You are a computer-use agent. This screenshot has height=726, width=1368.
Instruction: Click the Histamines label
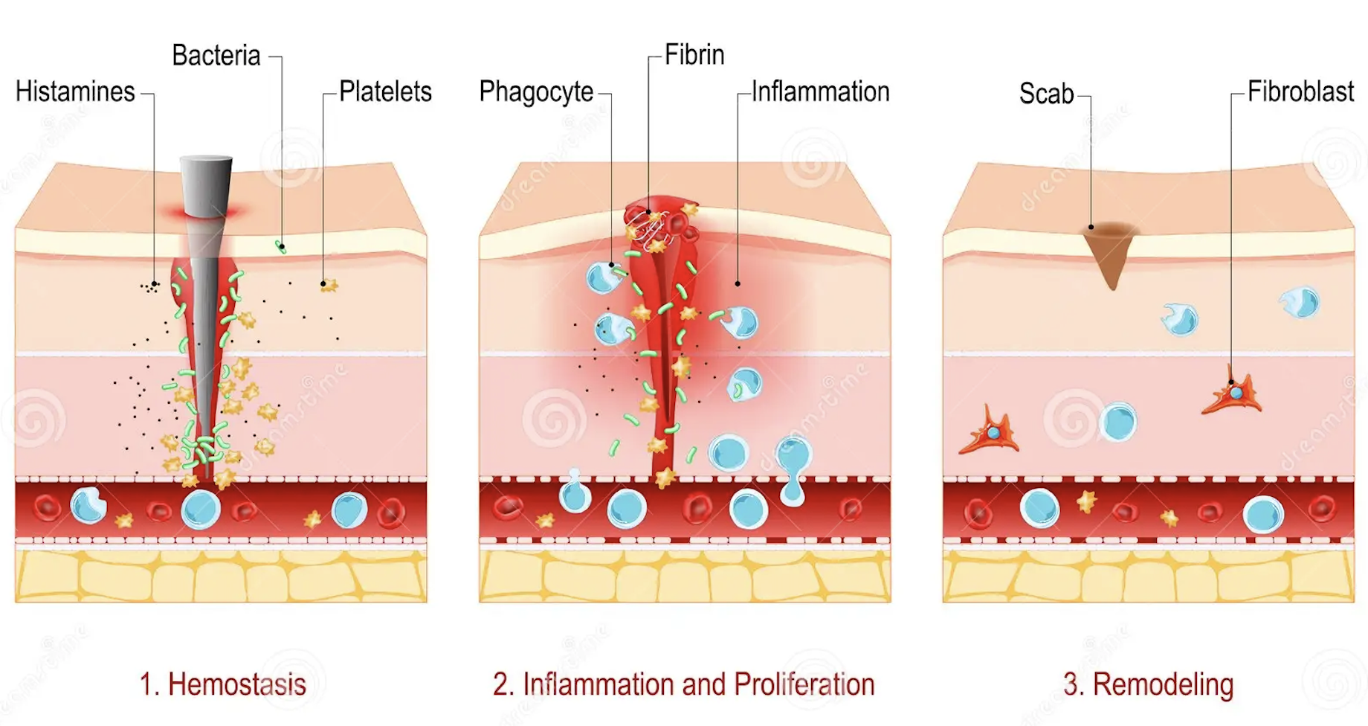pyautogui.click(x=75, y=92)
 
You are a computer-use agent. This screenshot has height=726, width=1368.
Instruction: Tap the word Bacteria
pyautogui.click(x=216, y=56)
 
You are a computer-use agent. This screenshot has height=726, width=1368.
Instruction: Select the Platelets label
pyautogui.click(x=385, y=92)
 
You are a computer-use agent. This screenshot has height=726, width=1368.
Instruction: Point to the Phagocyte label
pyautogui.click(x=535, y=92)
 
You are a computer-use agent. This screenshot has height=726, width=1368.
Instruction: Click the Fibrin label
pyautogui.click(x=694, y=55)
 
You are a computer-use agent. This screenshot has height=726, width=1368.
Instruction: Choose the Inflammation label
pyautogui.click(x=820, y=92)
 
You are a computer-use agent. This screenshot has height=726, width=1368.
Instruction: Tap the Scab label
pyautogui.click(x=1046, y=94)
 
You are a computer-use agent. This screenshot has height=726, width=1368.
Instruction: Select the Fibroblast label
pyautogui.click(x=1300, y=92)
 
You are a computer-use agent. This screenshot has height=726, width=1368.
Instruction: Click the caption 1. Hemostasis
pyautogui.click(x=222, y=684)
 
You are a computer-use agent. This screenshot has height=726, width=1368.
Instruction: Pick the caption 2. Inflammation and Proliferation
pyautogui.click(x=683, y=684)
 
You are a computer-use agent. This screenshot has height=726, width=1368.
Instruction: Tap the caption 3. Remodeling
pyautogui.click(x=1148, y=684)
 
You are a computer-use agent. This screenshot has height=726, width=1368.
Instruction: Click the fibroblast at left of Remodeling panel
pyautogui.click(x=991, y=434)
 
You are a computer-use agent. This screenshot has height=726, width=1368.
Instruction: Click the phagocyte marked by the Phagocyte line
pyautogui.click(x=604, y=277)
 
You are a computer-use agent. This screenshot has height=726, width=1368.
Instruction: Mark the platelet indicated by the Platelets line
pyautogui.click(x=328, y=285)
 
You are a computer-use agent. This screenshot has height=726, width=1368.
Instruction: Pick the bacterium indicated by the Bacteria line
pyautogui.click(x=281, y=246)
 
